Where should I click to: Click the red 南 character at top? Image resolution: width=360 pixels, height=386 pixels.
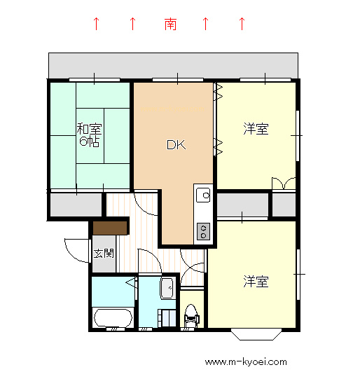tap(170, 25)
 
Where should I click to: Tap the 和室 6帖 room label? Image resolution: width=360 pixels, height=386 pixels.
tap(88, 135)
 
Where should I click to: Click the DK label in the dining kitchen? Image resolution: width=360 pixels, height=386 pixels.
tap(175, 145)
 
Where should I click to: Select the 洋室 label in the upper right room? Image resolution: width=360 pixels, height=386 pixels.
tap(256, 129)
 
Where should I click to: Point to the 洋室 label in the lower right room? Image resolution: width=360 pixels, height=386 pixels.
tap(256, 282)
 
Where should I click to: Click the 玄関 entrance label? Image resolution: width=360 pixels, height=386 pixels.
tap(104, 253)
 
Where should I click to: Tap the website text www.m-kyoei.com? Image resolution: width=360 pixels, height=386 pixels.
tap(246, 362)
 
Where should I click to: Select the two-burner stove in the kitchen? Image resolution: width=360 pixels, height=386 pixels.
tap(203, 230)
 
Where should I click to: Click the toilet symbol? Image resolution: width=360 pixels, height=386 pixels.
tap(191, 317)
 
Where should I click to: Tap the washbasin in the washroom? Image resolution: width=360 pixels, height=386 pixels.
tap(167, 287)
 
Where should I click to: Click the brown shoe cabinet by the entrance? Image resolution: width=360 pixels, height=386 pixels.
tap(110, 228)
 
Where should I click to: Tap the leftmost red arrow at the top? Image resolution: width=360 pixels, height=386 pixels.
tap(97, 25)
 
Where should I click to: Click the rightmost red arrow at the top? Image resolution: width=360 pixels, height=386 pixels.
tap(242, 25)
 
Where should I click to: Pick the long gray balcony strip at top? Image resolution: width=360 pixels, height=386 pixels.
tap(174, 64)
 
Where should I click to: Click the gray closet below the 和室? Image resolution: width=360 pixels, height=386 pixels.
tap(75, 205)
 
